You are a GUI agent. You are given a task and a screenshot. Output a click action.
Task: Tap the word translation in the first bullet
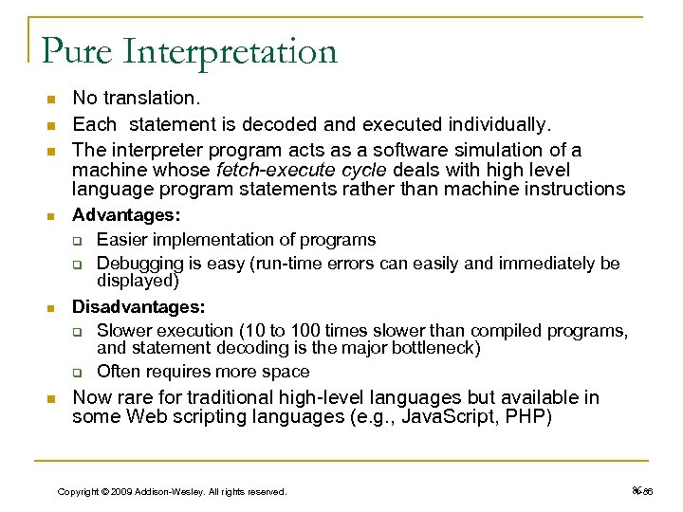click(147, 98)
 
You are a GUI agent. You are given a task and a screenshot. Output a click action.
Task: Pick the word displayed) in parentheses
click(138, 281)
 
